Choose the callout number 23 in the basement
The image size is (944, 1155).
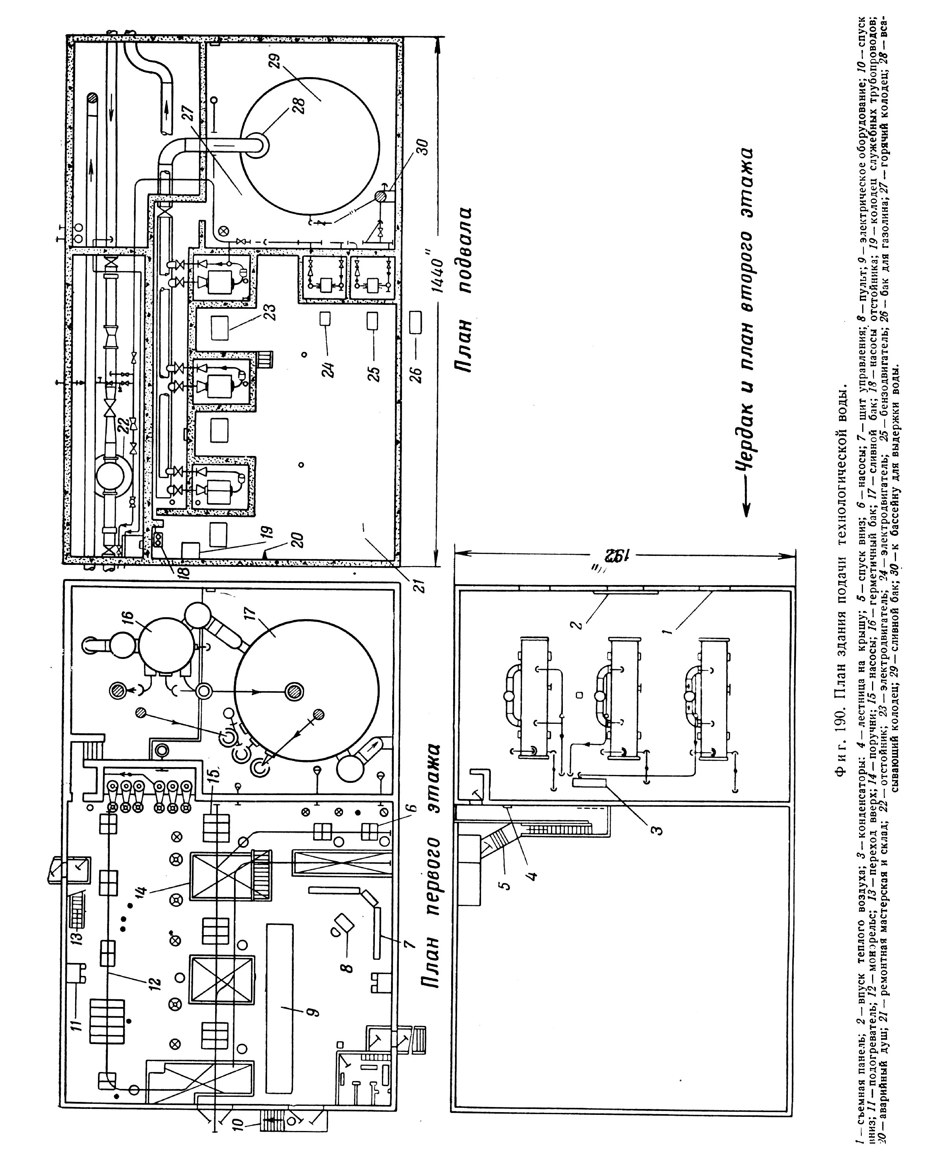[270, 312]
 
